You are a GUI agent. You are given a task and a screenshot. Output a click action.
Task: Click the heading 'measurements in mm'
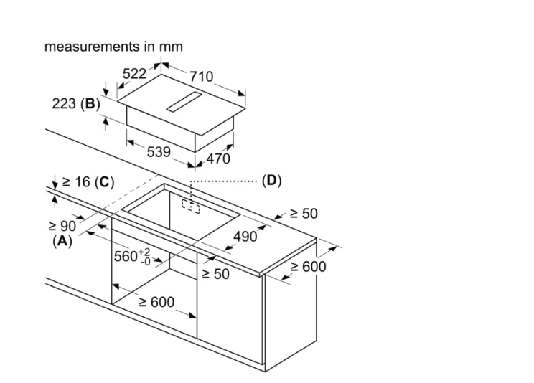click(x=113, y=47)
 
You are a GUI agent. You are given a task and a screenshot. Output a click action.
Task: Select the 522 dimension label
click(x=134, y=73)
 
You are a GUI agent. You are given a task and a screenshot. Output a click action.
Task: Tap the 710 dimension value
click(x=201, y=77)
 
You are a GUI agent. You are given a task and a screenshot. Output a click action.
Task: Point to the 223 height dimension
click(x=65, y=104)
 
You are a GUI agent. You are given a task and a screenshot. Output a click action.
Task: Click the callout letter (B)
click(x=90, y=104)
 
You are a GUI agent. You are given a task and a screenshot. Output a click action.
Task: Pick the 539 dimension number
click(x=158, y=151)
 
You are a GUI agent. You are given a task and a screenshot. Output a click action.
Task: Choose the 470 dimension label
click(x=218, y=159)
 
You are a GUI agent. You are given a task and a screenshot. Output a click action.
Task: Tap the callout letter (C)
click(x=105, y=182)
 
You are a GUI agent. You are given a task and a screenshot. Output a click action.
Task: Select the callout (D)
click(x=271, y=180)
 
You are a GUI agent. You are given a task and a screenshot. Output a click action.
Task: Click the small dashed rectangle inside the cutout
click(x=191, y=206)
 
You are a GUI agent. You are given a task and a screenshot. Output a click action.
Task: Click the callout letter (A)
click(x=62, y=242)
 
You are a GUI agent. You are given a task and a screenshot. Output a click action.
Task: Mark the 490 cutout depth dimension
click(x=245, y=237)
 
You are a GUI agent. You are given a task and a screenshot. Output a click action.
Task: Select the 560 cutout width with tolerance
click(x=132, y=256)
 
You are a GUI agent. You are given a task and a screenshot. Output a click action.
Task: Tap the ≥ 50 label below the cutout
click(x=215, y=274)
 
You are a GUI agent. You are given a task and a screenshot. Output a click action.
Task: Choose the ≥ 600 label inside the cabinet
click(x=156, y=302)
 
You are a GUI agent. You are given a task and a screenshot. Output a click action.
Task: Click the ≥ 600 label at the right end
click(x=309, y=267)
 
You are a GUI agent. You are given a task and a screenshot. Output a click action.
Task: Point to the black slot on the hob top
click(x=186, y=103)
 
